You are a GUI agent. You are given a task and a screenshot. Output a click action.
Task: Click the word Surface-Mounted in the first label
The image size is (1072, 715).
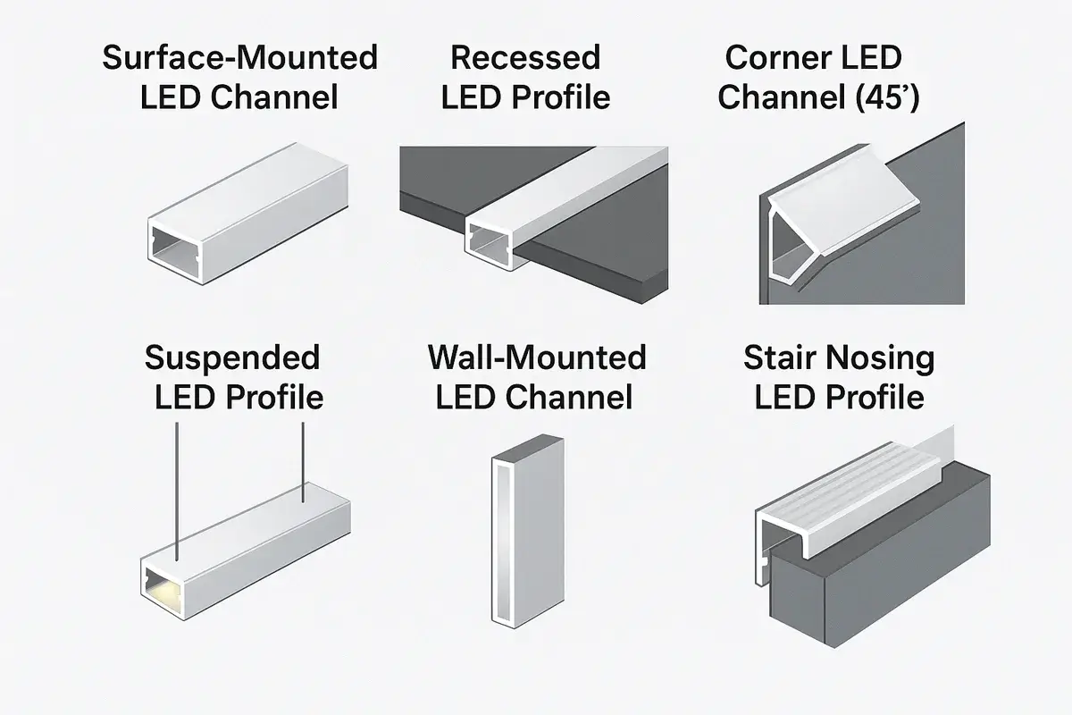coord(240,58)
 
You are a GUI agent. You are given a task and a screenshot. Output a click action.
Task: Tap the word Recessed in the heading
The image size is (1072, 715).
coord(524,58)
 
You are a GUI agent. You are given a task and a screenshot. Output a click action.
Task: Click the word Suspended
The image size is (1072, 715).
coord(232,357)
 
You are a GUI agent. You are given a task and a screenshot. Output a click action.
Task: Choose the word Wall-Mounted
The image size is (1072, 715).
coord(537,357)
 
